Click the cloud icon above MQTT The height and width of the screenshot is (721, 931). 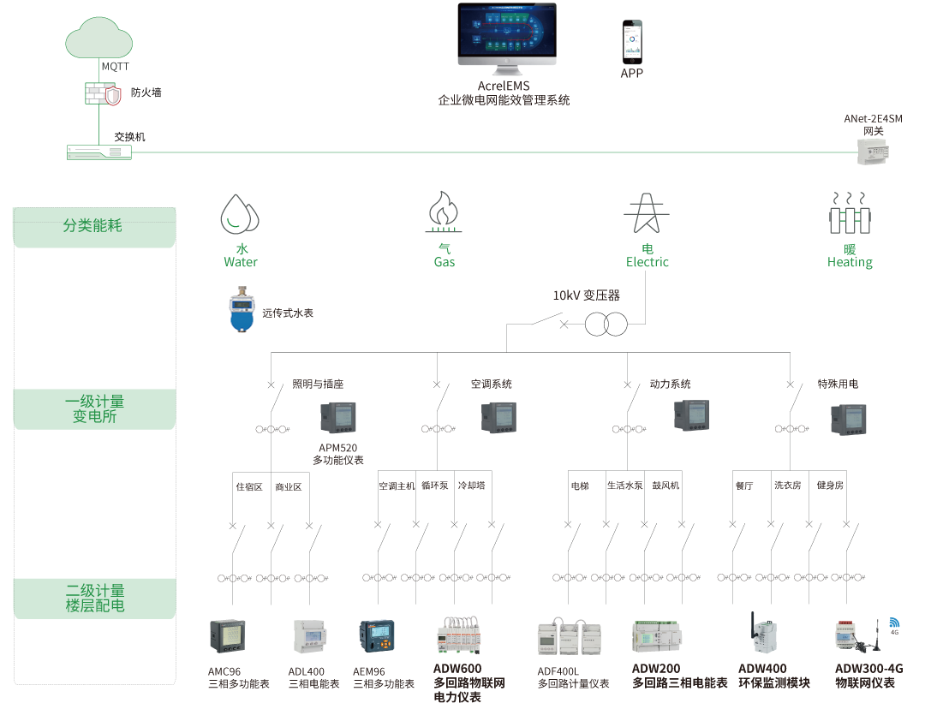pos(99,39)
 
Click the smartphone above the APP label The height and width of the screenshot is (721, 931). pos(631,41)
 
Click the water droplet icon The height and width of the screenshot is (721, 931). pos(239,214)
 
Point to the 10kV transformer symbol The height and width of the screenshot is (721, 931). pos(606,325)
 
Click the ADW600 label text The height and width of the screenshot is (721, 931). pos(457,669)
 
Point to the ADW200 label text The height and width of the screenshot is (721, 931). pos(656,669)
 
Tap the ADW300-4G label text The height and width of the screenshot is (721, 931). pos(868,669)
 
